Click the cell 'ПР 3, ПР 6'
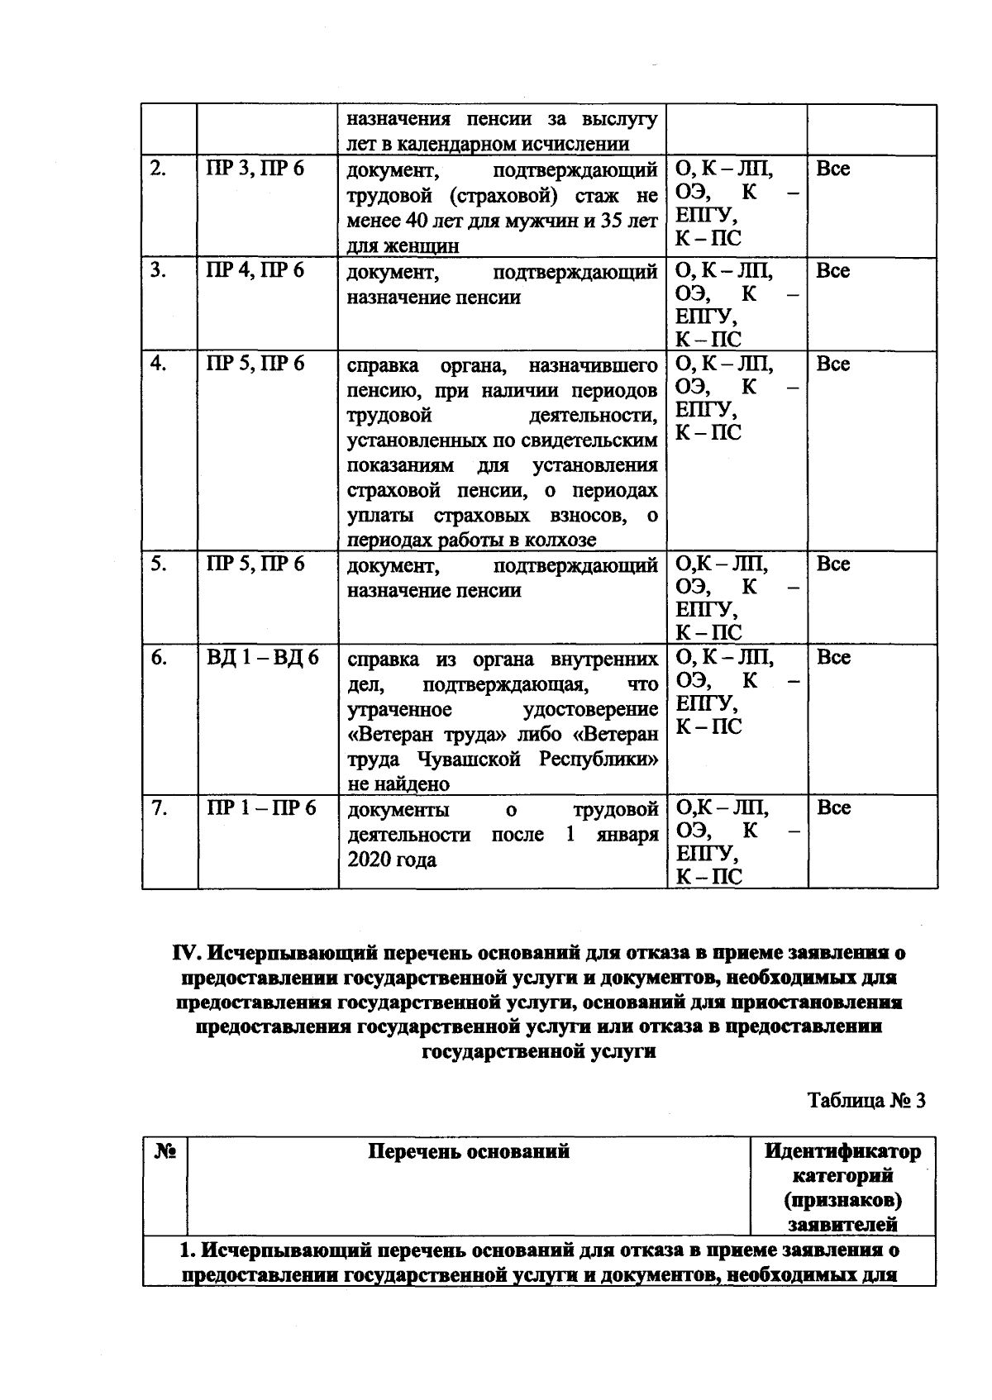click(x=255, y=169)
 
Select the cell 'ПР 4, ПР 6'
click(x=255, y=271)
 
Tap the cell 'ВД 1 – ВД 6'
click(x=262, y=658)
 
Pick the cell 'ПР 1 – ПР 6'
click(x=261, y=807)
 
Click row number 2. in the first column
click(x=159, y=169)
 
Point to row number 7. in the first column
click(x=159, y=807)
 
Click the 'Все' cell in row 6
click(x=832, y=658)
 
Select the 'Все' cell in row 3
click(x=832, y=271)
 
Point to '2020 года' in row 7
click(x=392, y=860)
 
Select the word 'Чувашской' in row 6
click(x=470, y=759)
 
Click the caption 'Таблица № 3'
click(x=866, y=1101)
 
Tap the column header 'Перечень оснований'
click(x=469, y=1151)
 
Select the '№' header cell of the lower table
click(x=165, y=1151)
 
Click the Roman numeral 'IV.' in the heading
click(x=186, y=953)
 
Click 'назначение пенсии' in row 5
click(x=434, y=590)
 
